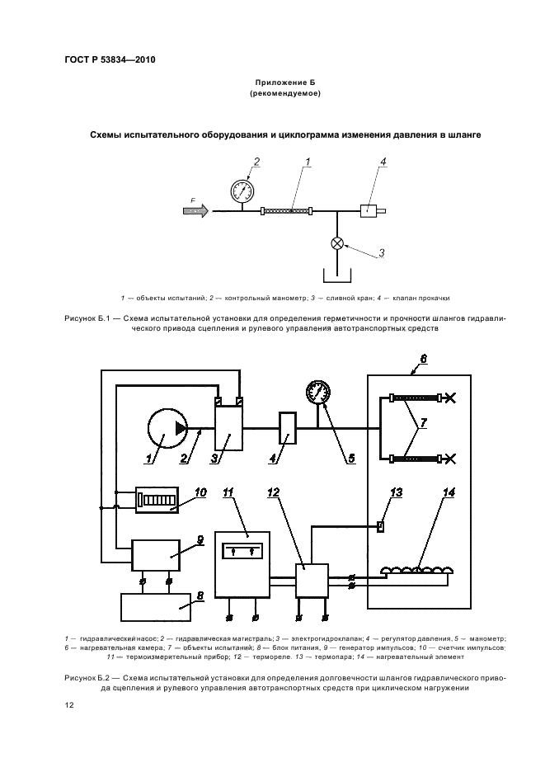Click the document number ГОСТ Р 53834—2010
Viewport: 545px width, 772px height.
coord(110,59)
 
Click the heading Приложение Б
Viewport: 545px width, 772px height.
coord(284,82)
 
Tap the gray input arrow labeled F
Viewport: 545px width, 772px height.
coord(196,210)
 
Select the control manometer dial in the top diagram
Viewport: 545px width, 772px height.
coord(242,190)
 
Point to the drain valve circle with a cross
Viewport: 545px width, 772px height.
coord(337,243)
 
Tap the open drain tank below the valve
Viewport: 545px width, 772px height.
coord(337,275)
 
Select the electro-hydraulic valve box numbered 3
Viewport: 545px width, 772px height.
coord(229,428)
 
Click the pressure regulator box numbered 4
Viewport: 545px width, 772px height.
coord(287,428)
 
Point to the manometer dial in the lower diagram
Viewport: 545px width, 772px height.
coord(318,392)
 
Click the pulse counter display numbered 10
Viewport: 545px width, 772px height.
coord(157,500)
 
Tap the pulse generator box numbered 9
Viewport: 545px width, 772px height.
coord(156,555)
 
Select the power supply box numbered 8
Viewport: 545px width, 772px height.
coord(156,607)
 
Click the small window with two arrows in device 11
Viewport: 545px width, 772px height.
coord(242,551)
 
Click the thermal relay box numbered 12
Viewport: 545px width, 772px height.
coord(312,581)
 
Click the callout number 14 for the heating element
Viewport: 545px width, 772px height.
coord(449,492)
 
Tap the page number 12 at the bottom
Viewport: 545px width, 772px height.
coord(69,705)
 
